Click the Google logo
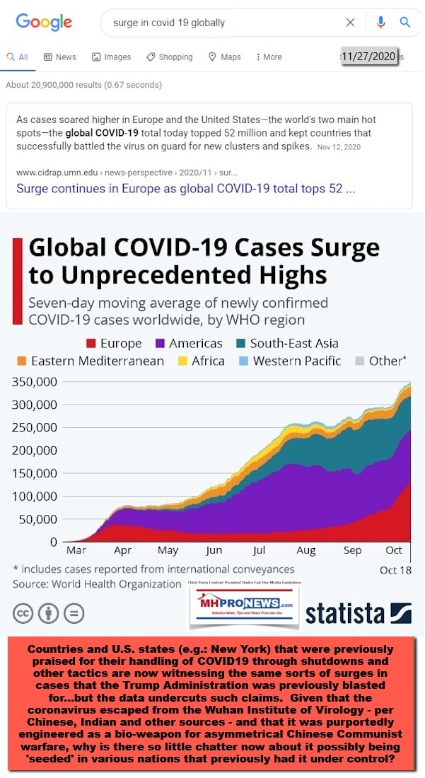(x=44, y=22)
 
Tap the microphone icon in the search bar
(x=381, y=23)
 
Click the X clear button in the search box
(x=351, y=23)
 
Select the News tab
(x=60, y=57)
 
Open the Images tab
(x=112, y=57)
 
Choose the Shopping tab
(x=170, y=57)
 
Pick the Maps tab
(x=225, y=57)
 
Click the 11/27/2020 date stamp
(x=368, y=57)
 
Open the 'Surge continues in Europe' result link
(x=185, y=189)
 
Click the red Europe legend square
(x=91, y=344)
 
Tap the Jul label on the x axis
(x=259, y=550)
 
